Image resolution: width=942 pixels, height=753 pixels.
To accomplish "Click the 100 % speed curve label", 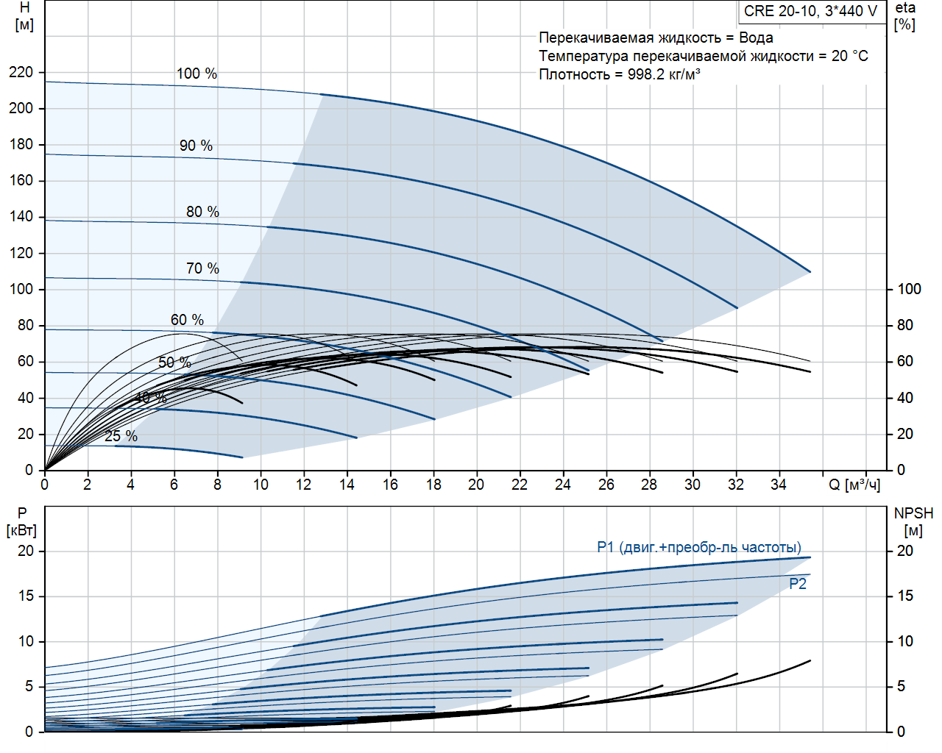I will [x=196, y=74].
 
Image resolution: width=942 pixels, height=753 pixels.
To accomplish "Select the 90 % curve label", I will [x=196, y=146].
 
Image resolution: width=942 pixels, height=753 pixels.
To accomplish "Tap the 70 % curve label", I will [x=202, y=268].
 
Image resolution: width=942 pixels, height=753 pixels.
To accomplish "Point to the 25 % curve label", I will [x=121, y=436].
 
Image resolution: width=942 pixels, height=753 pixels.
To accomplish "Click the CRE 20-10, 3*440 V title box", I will [x=810, y=11].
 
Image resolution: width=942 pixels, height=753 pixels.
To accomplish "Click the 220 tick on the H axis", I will [x=21, y=72].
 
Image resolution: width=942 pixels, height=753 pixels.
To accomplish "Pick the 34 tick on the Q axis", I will [x=779, y=485].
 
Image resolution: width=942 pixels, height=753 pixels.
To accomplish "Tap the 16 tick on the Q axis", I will [x=390, y=485].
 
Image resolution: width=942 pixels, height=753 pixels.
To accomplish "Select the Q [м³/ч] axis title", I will [x=854, y=485].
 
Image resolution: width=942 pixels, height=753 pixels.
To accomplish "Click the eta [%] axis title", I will [x=905, y=16].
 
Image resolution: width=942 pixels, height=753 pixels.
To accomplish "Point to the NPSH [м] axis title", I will [x=913, y=521].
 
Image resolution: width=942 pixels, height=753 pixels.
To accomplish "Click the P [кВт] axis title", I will [x=21, y=521].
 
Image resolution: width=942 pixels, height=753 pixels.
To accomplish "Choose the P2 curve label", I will [x=798, y=584].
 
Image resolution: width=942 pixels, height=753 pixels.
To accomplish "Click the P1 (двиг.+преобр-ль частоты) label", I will [x=699, y=547].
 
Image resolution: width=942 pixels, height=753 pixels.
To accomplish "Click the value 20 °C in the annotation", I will [x=849, y=56].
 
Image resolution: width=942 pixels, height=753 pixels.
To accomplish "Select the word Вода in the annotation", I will [x=756, y=38].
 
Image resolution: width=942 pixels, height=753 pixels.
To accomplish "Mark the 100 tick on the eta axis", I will [x=909, y=289].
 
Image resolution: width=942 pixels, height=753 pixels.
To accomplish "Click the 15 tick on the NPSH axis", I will [x=904, y=596].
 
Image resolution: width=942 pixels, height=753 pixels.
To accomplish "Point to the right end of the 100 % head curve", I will [x=810, y=272].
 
